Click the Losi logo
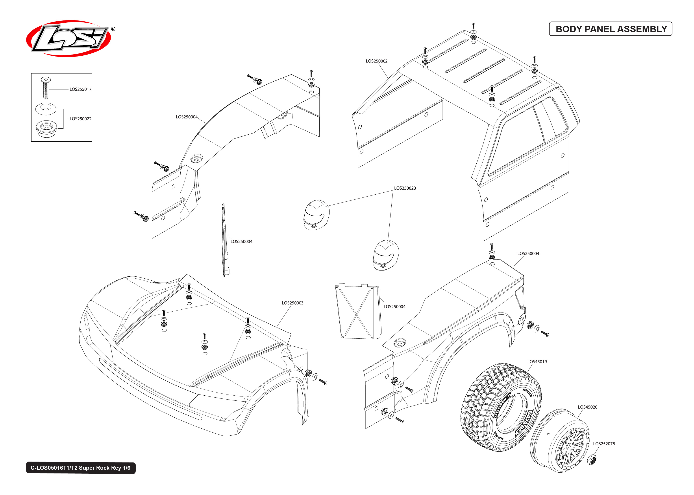click(69, 39)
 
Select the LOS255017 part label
click(80, 89)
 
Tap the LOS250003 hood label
click(292, 303)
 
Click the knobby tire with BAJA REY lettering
click(500, 407)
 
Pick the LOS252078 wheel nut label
click(604, 444)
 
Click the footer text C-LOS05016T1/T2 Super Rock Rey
click(81, 468)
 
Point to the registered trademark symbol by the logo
click(113, 29)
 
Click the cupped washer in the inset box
click(46, 109)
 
